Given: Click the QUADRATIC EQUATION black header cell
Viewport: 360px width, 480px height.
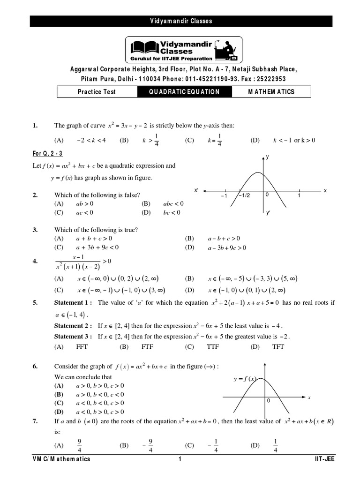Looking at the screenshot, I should point(184,92).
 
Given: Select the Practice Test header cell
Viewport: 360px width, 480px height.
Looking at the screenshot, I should point(97,92).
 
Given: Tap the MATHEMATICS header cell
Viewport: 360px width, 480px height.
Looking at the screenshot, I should point(271,92).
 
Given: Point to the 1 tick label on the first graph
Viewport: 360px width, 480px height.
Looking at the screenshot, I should point(299,196).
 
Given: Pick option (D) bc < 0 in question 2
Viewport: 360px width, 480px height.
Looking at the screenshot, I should point(171,212).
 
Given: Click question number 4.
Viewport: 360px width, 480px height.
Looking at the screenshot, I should point(35,261).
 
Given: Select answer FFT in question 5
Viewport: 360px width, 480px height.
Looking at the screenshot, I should point(82,347).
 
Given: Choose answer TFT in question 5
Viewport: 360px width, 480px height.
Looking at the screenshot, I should point(278,347).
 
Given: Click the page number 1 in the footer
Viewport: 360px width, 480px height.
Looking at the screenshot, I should point(180,459).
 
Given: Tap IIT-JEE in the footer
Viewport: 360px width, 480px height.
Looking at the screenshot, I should point(324,459).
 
